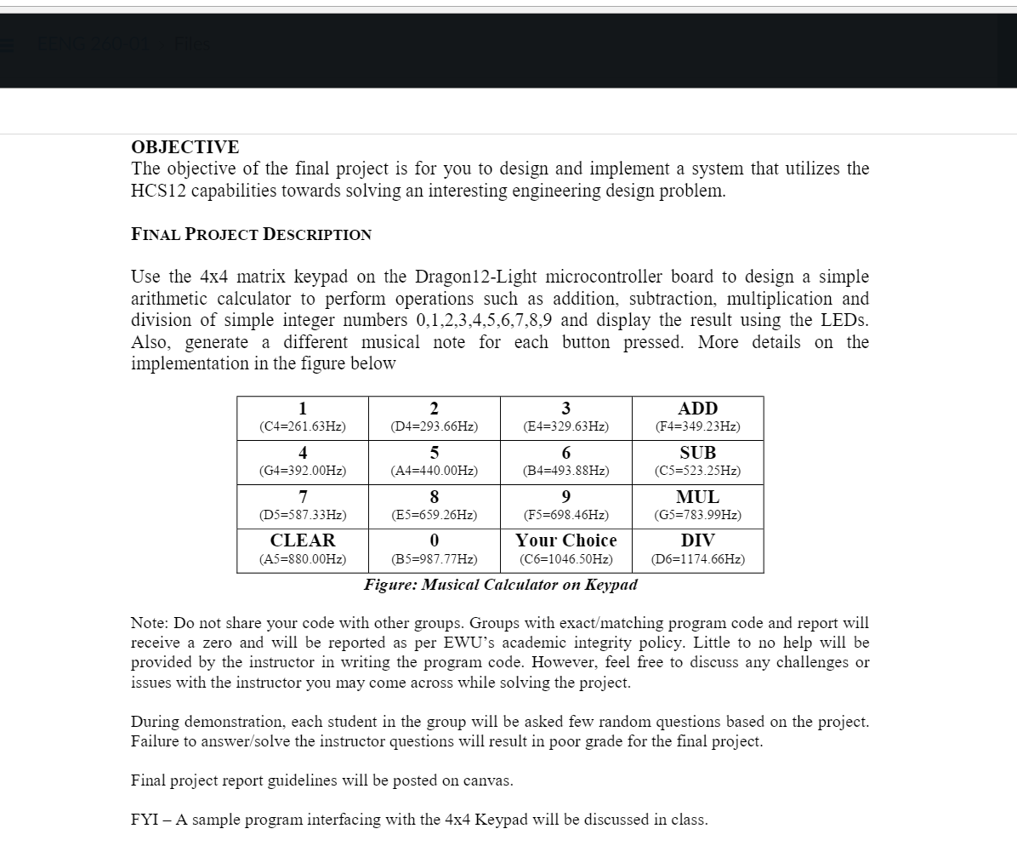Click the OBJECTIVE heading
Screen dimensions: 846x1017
pos(185,146)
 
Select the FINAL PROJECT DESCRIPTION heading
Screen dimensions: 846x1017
pos(251,235)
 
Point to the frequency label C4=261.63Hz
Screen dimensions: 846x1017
pos(303,426)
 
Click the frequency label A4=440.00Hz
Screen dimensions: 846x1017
pos(434,471)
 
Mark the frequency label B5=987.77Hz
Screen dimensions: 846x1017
pos(434,559)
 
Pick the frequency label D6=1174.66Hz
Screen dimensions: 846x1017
pos(697,559)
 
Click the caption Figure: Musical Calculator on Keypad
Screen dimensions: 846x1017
pos(500,585)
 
